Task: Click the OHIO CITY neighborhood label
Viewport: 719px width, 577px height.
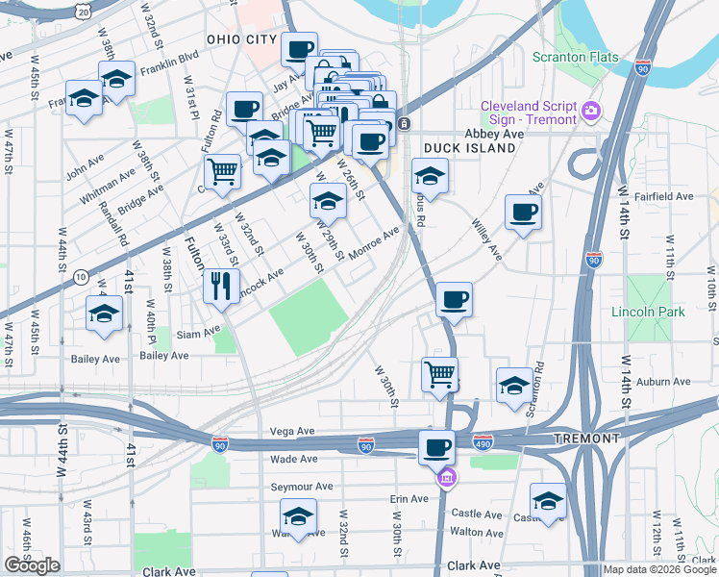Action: [x=242, y=39]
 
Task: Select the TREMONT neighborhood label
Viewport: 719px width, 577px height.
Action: [x=586, y=439]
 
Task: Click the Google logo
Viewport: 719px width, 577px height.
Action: [x=32, y=565]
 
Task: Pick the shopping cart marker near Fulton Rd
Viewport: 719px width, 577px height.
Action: [x=223, y=173]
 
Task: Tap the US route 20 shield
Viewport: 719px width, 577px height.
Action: [x=85, y=12]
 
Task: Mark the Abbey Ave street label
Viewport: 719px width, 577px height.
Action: [x=494, y=134]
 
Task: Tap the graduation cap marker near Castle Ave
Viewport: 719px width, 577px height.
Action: [x=549, y=500]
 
